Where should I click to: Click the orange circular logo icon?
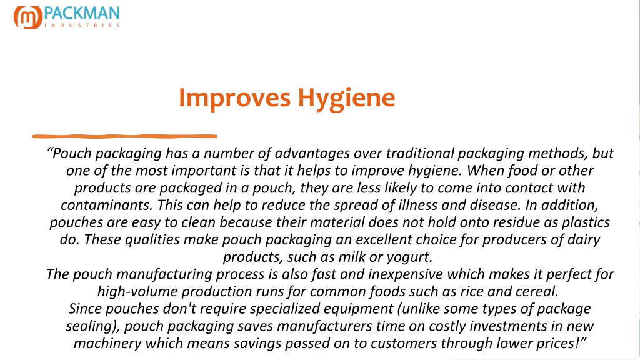(27, 17)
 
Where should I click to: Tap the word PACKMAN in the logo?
(82, 14)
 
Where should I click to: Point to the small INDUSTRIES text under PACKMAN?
(82, 25)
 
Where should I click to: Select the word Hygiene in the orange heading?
(346, 98)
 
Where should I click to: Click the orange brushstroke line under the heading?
(124, 136)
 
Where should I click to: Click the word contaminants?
(107, 205)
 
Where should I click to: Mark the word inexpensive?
(405, 275)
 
